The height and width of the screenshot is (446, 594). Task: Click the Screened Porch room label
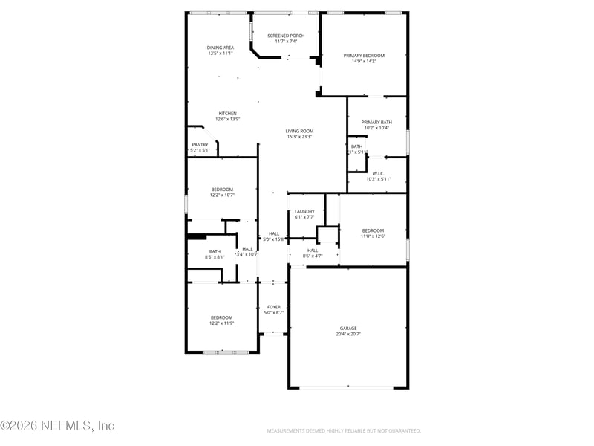pos(286,36)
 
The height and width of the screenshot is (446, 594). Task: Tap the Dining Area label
pos(221,48)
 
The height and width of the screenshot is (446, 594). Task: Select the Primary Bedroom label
pos(364,56)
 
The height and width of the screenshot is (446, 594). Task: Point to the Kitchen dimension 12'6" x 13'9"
pos(227,119)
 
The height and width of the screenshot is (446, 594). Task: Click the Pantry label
pos(200,145)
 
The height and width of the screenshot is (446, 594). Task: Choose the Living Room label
pos(299,131)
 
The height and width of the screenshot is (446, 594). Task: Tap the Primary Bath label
pos(376,122)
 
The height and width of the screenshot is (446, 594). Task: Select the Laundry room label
pos(304,211)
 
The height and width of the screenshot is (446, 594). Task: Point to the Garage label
pos(348,328)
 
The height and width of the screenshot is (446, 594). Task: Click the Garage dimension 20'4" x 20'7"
pos(348,334)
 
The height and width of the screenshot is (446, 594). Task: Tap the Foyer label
pos(274,306)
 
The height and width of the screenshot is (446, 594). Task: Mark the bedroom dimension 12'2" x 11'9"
pos(221,323)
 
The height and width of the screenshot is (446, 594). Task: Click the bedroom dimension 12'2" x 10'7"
pos(222,195)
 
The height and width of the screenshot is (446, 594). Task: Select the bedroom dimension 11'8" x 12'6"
pos(373,236)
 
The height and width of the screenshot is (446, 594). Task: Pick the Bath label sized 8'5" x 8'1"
pos(215,251)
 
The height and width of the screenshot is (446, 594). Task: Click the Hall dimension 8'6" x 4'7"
pos(313,256)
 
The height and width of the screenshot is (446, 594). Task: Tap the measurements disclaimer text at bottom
pos(344,430)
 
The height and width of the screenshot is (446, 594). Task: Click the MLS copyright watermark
pos(57,426)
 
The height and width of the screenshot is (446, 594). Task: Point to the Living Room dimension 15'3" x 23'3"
pos(299,137)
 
